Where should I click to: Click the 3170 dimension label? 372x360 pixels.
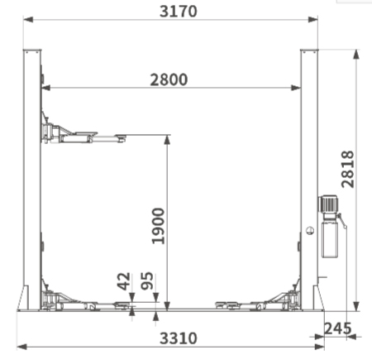coord(179,12)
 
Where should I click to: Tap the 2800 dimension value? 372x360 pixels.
coord(169,79)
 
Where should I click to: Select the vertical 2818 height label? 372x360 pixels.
coord(347,169)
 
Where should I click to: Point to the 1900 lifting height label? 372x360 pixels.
coord(158,226)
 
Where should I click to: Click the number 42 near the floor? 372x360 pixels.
coord(123,281)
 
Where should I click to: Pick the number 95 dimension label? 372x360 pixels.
coord(147,281)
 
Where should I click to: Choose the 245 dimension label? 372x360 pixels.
coord(338,329)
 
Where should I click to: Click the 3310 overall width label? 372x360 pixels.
coord(179,338)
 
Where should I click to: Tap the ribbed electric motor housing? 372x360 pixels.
coord(327,204)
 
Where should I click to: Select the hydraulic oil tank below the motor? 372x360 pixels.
coord(330,239)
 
